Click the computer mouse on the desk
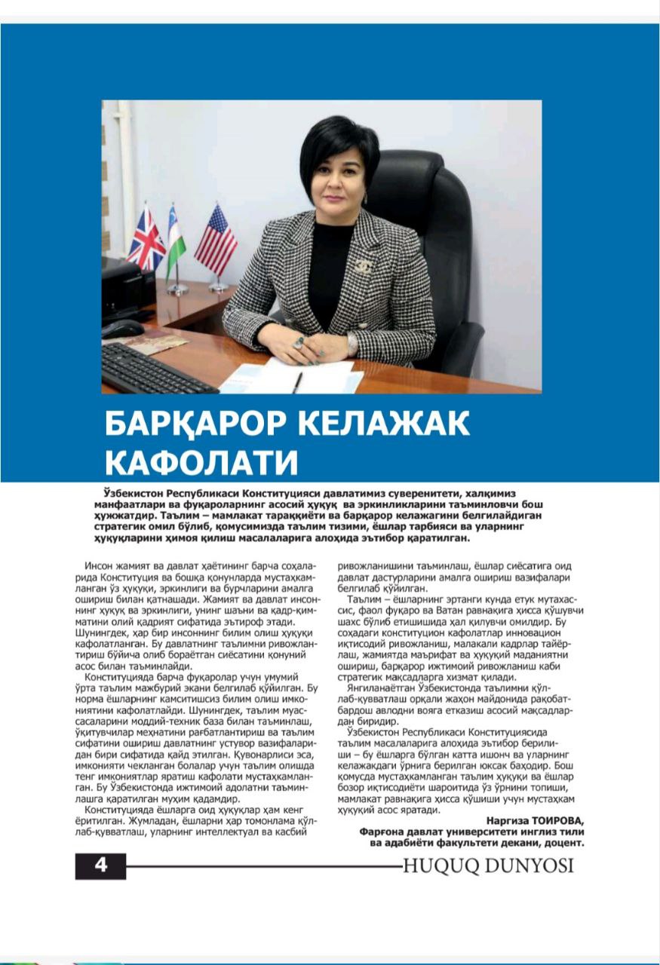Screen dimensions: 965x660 click(x=121, y=329)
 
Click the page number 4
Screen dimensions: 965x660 click(x=100, y=865)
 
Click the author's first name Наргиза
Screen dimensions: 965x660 click(x=498, y=820)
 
